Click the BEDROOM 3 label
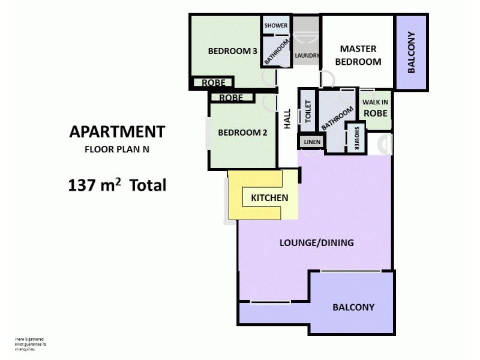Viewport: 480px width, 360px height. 232,51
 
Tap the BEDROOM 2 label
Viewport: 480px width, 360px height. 242,133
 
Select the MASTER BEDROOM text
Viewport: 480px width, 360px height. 358,55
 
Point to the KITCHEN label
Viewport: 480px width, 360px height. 269,197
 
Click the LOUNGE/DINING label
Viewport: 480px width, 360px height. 317,243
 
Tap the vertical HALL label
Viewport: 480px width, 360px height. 287,118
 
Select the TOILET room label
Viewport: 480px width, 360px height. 308,112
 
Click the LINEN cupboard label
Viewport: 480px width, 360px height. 312,142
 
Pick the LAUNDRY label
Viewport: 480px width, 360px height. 307,56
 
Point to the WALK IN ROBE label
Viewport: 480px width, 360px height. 376,108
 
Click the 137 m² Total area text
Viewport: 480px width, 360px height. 117,185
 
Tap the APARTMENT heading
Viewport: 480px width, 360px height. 117,131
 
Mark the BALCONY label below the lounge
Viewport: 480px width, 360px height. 353,307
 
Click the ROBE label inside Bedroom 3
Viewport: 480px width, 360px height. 213,83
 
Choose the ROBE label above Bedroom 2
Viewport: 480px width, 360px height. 231,97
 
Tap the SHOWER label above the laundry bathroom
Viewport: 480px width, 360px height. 276,26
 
